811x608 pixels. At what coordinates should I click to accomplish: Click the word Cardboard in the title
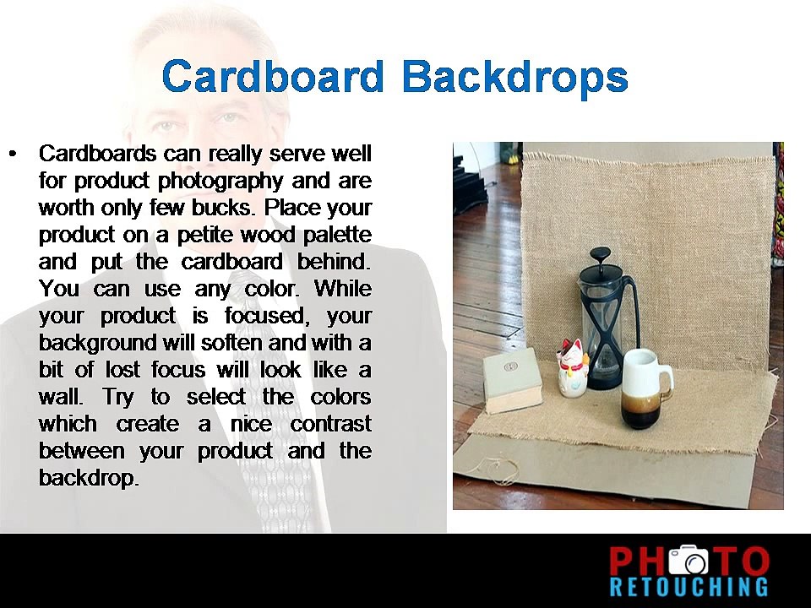(x=273, y=77)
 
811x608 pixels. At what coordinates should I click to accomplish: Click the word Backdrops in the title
(x=514, y=77)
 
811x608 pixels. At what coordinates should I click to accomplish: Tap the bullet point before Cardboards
(x=13, y=154)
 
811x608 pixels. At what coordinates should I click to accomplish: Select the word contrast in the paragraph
(x=330, y=424)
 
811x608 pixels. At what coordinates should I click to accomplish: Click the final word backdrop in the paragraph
(x=88, y=478)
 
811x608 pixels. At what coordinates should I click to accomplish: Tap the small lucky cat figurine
(x=573, y=366)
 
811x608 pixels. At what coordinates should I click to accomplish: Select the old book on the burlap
(x=512, y=381)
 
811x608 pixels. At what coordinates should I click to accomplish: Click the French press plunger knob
(x=601, y=254)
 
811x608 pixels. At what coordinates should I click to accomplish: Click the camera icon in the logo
(x=690, y=562)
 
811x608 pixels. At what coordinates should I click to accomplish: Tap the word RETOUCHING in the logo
(x=689, y=587)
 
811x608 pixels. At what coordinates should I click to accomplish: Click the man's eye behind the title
(x=166, y=127)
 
